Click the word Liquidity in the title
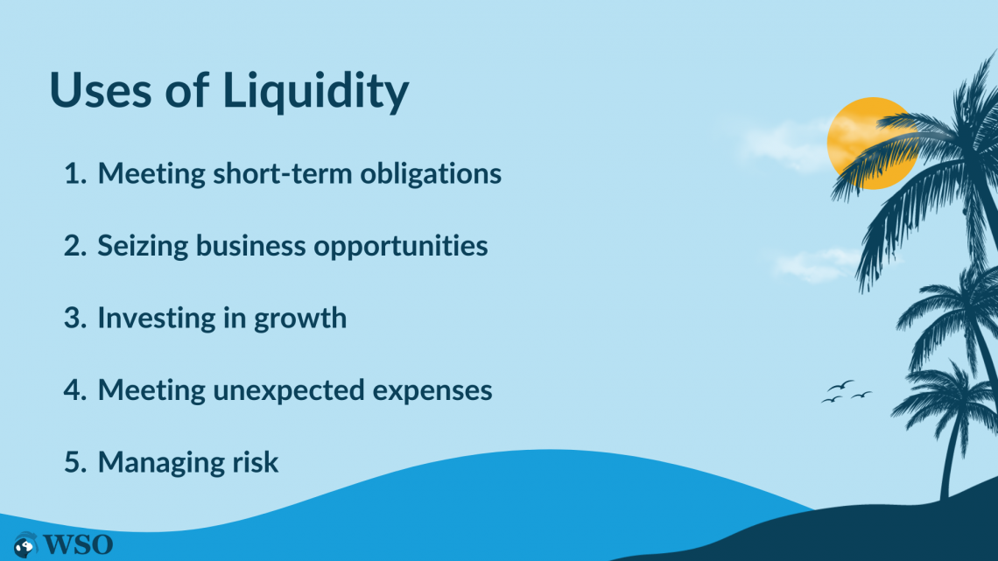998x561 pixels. pyautogui.click(x=316, y=91)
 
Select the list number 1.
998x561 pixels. pyautogui.click(x=74, y=173)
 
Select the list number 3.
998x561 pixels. pyautogui.click(x=74, y=318)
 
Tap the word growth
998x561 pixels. pyautogui.click(x=300, y=319)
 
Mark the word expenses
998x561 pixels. pyautogui.click(x=440, y=390)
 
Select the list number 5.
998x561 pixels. pyautogui.click(x=74, y=461)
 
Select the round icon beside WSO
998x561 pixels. pyautogui.click(x=26, y=544)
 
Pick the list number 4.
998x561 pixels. pyautogui.click(x=74, y=389)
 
